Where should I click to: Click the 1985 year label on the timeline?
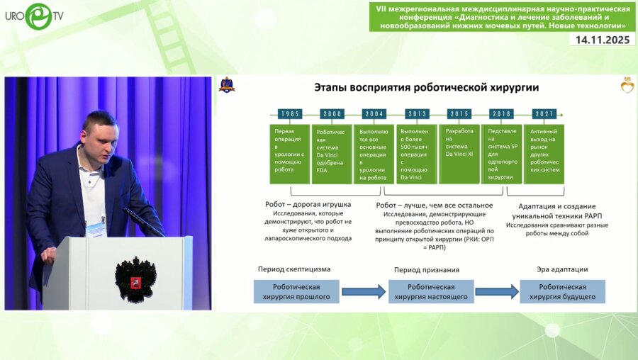click(289, 114)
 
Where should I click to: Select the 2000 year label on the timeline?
click(332, 114)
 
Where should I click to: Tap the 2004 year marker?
click(374, 114)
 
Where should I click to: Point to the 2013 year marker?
click(417, 114)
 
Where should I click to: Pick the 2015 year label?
click(459, 114)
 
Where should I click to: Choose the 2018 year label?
click(502, 114)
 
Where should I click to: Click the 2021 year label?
click(544, 114)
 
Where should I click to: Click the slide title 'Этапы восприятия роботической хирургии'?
click(426, 87)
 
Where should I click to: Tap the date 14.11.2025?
click(602, 40)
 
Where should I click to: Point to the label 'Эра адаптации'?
click(563, 269)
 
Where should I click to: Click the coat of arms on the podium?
click(135, 278)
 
